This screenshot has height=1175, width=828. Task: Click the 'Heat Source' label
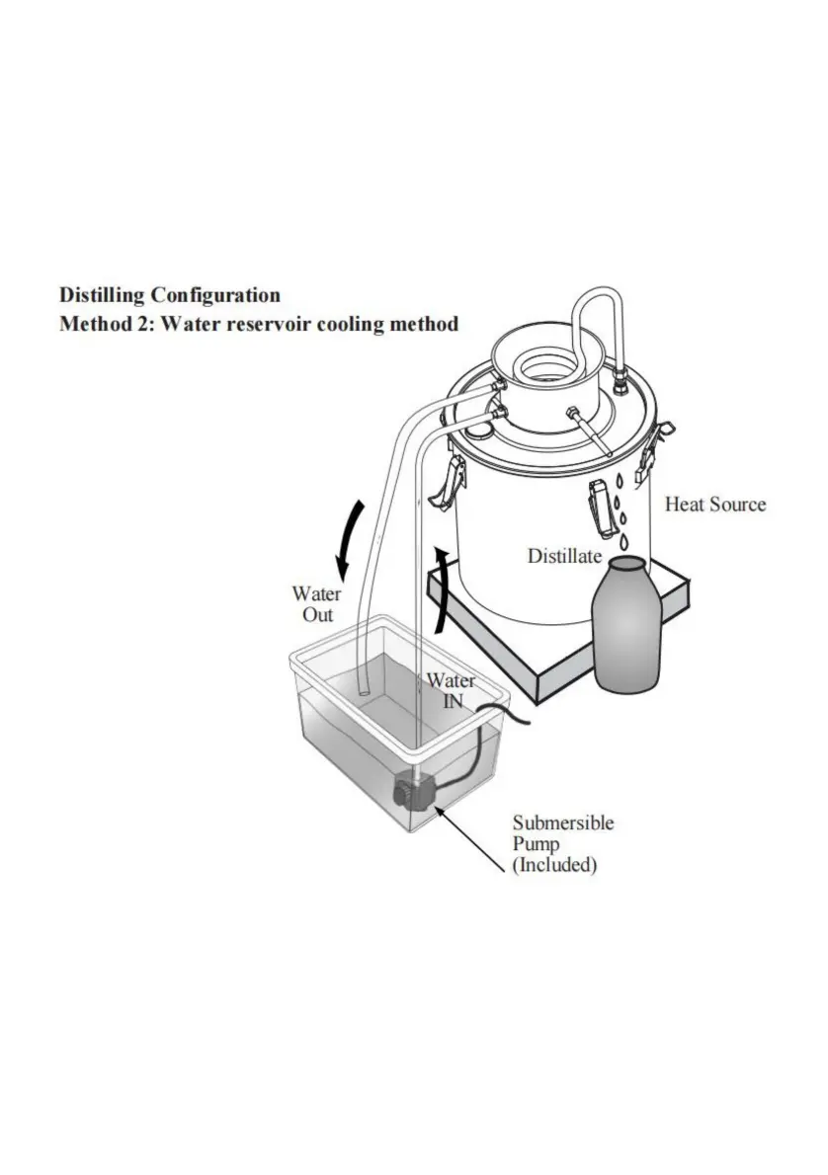click(714, 505)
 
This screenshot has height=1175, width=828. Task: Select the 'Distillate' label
click(564, 556)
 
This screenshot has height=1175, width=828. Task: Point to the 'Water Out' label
click(316, 604)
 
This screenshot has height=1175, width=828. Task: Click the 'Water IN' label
click(451, 690)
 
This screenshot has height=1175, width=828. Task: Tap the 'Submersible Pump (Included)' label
click(562, 844)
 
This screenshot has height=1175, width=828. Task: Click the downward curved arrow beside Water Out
click(349, 539)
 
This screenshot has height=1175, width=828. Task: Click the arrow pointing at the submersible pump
click(469, 840)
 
